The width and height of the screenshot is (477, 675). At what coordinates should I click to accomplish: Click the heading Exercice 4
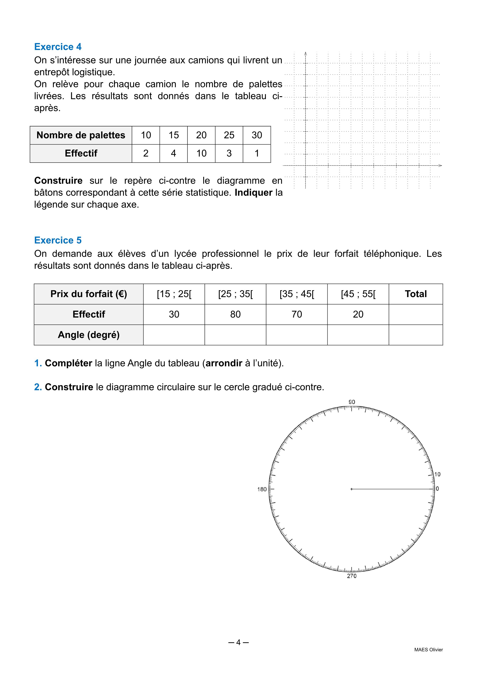pos(58,47)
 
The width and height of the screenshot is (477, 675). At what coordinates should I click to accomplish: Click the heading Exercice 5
pos(58,240)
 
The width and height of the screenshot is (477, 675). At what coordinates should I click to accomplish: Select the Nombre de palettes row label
pos(81,135)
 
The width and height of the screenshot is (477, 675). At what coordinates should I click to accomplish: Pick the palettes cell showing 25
pos(229,135)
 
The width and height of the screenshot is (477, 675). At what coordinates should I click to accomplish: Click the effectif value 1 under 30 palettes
pos(257,153)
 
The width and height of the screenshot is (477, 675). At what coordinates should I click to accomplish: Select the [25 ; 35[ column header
pos(235,294)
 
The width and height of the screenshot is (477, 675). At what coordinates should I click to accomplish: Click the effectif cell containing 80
pos(235,314)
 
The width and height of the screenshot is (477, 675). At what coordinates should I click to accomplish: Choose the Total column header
pos(416,294)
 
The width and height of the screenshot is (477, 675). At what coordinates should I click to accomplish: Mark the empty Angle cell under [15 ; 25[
pos(174,335)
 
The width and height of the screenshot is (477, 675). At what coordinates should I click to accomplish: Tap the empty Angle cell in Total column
pos(416,335)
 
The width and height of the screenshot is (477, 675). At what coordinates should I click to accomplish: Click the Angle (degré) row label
pos(89,335)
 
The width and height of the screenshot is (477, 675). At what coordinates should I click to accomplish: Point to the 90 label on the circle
pos(352,402)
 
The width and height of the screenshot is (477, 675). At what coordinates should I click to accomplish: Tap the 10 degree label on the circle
pos(437,474)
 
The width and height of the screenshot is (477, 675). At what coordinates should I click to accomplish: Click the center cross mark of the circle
pos(352,489)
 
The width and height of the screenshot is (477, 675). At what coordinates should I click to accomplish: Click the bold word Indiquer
pos(253,193)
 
